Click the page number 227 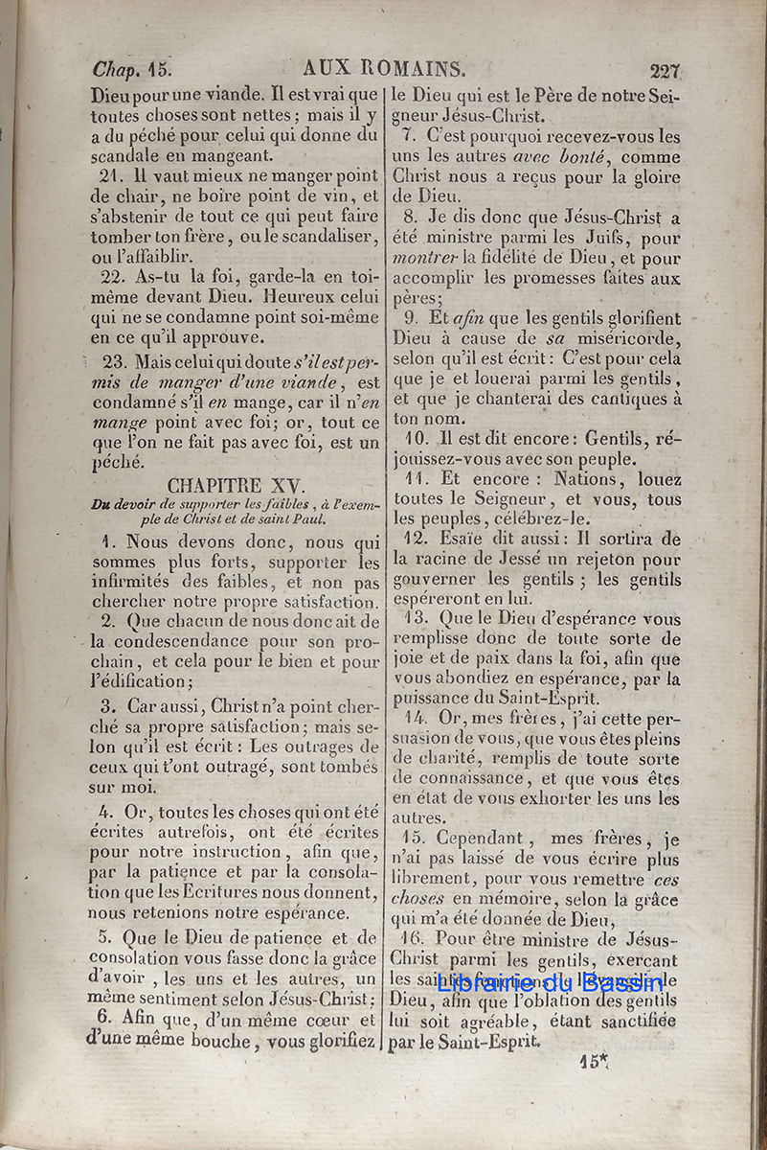[665, 71]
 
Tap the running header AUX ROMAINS [384, 69]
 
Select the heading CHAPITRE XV [234, 485]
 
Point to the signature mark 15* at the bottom [594, 1060]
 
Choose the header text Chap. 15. [131, 69]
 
